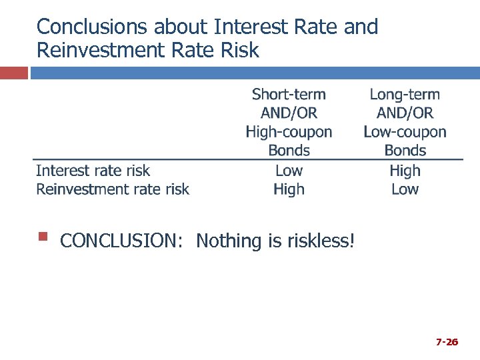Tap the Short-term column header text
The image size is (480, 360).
(289, 94)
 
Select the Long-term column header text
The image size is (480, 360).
(405, 94)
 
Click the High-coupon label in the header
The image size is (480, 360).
(289, 131)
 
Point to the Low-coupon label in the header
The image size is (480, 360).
(405, 131)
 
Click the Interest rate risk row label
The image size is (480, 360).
(93, 171)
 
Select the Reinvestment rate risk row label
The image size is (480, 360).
(112, 189)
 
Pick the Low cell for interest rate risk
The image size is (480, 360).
(289, 171)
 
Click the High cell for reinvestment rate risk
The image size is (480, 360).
(289, 189)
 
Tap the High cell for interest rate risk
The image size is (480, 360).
(405, 171)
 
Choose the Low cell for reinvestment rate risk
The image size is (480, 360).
(405, 189)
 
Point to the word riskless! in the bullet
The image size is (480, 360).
(321, 241)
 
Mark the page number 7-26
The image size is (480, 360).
(447, 342)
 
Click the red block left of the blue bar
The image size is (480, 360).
(13, 73)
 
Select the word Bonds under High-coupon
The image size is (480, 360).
(289, 150)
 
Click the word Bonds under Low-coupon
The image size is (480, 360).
(405, 150)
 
